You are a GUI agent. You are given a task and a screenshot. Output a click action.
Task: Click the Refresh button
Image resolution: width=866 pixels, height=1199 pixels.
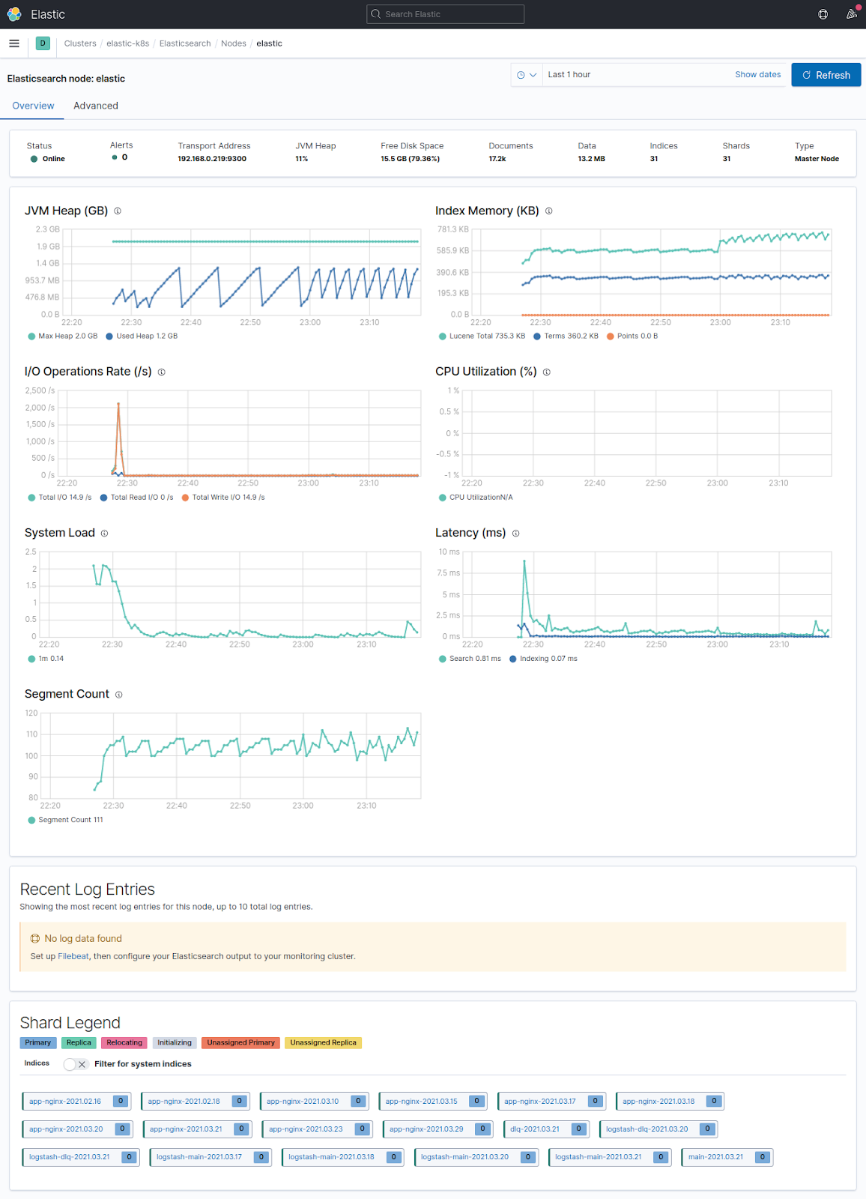pyautogui.click(x=826, y=75)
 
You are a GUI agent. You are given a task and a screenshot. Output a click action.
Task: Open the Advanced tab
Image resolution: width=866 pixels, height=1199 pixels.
pyautogui.click(x=96, y=106)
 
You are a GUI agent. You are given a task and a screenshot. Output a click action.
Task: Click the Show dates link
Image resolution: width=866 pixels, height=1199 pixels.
pyautogui.click(x=757, y=75)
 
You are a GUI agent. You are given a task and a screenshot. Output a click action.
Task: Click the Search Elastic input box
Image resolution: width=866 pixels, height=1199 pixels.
pyautogui.click(x=445, y=14)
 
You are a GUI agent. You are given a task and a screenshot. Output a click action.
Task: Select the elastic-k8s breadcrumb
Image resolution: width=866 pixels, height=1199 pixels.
pyautogui.click(x=127, y=43)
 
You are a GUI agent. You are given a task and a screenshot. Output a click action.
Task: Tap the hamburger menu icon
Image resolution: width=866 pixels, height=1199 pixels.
pyautogui.click(x=14, y=43)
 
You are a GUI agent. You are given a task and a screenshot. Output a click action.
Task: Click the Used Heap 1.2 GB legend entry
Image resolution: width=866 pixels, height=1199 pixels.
pyautogui.click(x=146, y=336)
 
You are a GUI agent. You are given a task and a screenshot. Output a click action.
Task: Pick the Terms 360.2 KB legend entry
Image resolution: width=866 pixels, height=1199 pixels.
pyautogui.click(x=571, y=336)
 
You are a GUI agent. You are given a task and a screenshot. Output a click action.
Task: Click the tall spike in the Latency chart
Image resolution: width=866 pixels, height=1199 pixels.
pyautogui.click(x=524, y=562)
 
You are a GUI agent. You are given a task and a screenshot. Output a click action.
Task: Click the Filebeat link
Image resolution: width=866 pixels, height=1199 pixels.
pyautogui.click(x=73, y=956)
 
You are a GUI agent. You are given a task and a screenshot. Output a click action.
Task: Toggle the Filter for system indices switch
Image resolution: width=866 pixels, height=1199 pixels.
pyautogui.click(x=76, y=1064)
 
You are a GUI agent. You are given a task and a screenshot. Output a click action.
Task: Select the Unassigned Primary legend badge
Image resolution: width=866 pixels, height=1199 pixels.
pyautogui.click(x=240, y=1043)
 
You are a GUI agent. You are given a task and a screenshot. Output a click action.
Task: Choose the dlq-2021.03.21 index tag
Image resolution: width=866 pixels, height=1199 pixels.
pyautogui.click(x=535, y=1129)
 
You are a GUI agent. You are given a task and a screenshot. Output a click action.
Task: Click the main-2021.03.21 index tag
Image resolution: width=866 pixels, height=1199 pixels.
pyautogui.click(x=716, y=1157)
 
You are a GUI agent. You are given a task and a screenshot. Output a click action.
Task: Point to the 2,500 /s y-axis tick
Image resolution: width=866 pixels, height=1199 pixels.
pyautogui.click(x=40, y=391)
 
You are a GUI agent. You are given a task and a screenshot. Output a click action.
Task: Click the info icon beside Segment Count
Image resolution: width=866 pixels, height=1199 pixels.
pyautogui.click(x=118, y=695)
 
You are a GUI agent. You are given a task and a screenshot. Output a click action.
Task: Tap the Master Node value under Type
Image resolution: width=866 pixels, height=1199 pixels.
pyautogui.click(x=817, y=159)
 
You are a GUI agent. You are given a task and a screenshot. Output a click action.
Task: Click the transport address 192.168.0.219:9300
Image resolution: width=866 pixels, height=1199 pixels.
pyautogui.click(x=212, y=159)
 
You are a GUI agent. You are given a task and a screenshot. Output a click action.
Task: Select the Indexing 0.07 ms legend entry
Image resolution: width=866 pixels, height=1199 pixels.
pyautogui.click(x=548, y=659)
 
